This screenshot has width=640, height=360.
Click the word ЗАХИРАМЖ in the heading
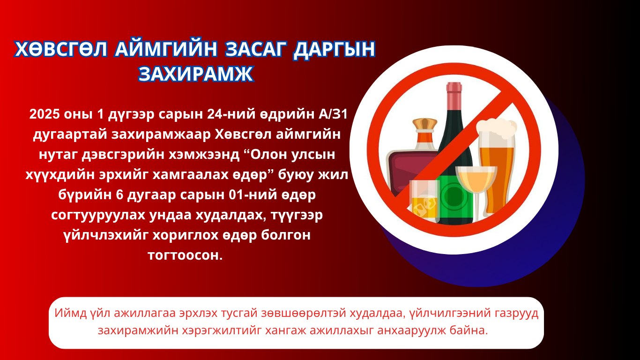[196, 74]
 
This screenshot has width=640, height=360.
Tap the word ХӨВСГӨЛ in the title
[61, 49]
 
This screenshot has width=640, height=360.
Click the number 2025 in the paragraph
[45, 114]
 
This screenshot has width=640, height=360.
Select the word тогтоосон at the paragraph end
[185, 255]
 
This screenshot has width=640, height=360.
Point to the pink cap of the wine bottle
[454, 91]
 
